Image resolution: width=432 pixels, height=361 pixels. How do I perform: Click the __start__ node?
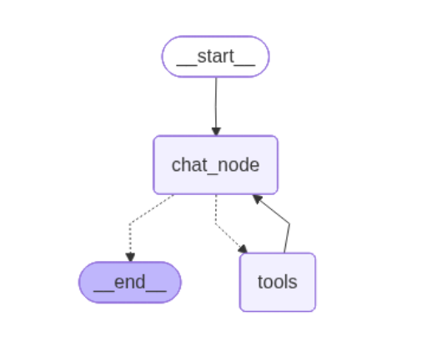tap(215, 56)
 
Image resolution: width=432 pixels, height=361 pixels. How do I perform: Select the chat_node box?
tap(215, 165)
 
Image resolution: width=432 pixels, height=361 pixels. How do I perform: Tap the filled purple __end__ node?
tap(129, 282)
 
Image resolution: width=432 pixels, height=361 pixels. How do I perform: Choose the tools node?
tap(277, 282)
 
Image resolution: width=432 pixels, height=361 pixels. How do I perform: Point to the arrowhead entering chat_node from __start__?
tap(216, 131)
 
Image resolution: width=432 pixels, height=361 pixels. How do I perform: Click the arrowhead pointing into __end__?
tap(130, 257)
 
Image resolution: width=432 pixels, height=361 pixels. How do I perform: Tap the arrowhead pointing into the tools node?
tap(243, 248)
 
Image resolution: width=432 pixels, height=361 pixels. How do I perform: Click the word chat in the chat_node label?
tap(188, 165)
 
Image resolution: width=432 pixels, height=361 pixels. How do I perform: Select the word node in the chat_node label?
tap(241, 165)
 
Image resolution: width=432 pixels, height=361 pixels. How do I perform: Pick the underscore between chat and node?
tap(212, 171)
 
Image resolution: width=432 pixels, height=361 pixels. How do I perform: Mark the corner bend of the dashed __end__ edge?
tap(131, 223)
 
